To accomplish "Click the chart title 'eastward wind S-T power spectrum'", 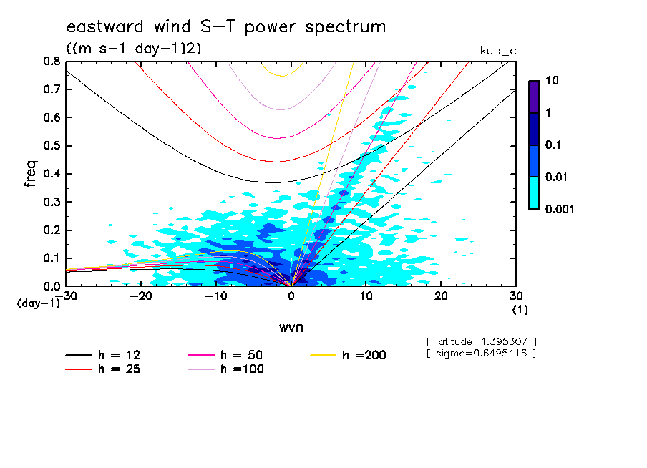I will tap(225, 27).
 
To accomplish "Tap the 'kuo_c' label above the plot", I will tap(498, 51).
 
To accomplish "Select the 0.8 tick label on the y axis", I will tap(51, 62).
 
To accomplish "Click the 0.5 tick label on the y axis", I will tap(51, 146).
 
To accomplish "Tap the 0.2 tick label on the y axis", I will tap(51, 230).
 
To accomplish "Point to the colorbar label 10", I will tap(553, 82).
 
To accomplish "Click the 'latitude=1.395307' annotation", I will tap(481, 341).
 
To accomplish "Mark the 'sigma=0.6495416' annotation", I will tap(481, 353).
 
